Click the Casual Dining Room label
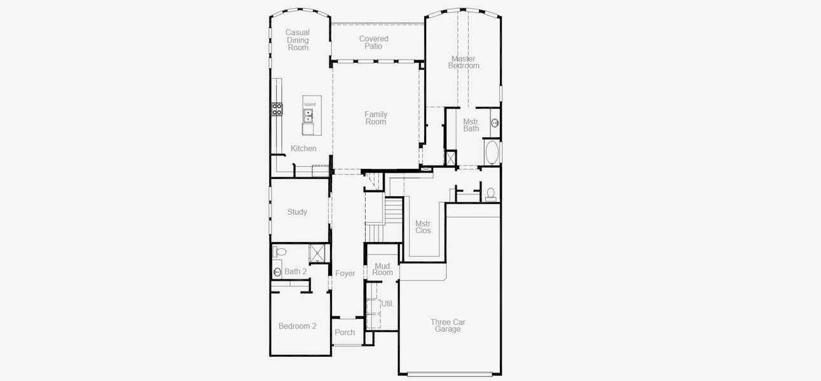(x=297, y=40)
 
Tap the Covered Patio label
(x=374, y=43)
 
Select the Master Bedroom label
(x=464, y=62)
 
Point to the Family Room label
(x=376, y=118)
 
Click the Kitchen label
(x=303, y=149)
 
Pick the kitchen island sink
(x=308, y=116)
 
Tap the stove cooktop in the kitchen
(x=277, y=109)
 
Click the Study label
(x=297, y=212)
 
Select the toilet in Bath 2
(x=279, y=252)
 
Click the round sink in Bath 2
(x=277, y=272)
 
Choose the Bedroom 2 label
(x=297, y=326)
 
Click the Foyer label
(x=345, y=274)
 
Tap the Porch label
(x=345, y=333)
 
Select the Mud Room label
(x=383, y=269)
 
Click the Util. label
(x=387, y=304)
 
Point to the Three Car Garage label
(x=448, y=326)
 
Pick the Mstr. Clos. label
(x=424, y=227)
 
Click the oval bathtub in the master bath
(x=492, y=153)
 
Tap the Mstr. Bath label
(x=471, y=125)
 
